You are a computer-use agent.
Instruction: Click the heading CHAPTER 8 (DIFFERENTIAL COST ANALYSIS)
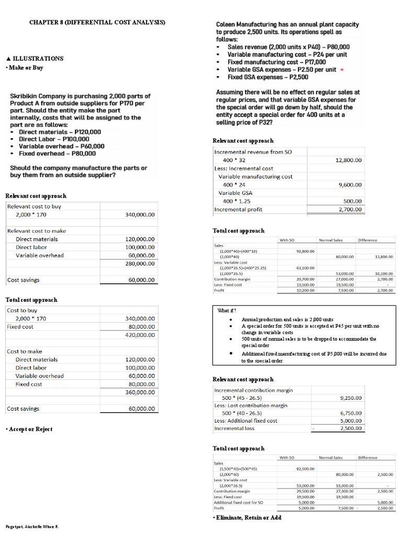97,22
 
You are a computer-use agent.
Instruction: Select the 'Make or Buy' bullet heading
24,68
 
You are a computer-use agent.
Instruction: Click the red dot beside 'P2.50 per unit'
342,69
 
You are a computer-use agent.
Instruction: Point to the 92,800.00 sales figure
305,251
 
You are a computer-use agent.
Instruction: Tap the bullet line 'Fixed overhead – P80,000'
57,154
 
